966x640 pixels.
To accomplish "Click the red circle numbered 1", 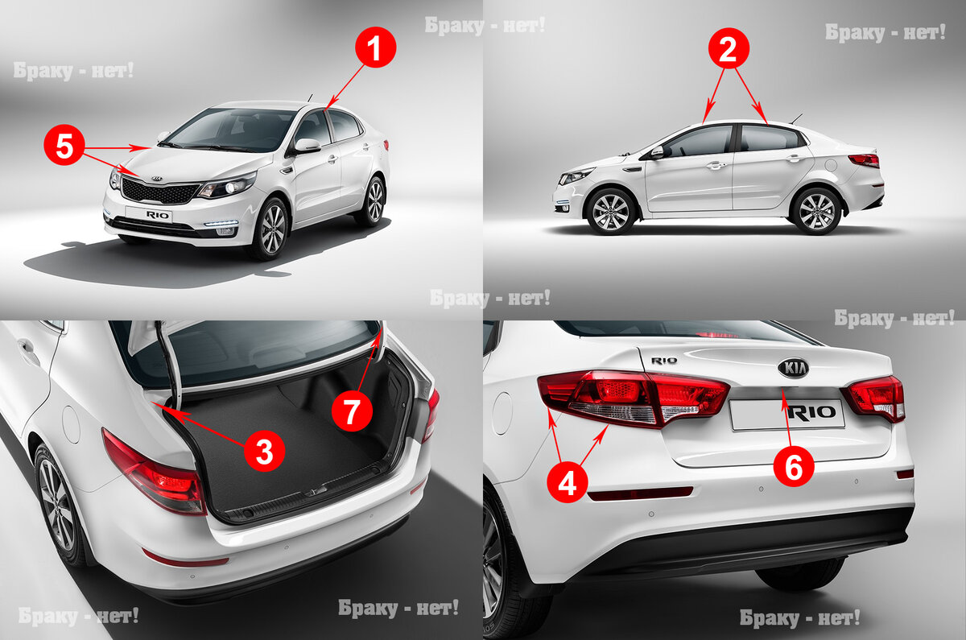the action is (x=375, y=47).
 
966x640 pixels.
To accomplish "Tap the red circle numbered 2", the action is (x=729, y=49).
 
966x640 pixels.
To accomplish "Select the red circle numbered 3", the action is (x=264, y=451).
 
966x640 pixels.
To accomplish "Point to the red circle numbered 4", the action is (x=568, y=481).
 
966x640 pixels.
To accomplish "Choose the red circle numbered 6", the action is (x=794, y=466).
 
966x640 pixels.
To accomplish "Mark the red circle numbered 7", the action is (x=352, y=411).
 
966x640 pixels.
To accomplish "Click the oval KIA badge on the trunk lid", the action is (x=793, y=369).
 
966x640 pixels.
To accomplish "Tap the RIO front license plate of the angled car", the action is (x=150, y=214).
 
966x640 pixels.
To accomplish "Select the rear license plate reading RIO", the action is (x=787, y=414).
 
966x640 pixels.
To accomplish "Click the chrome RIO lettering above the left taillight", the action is (x=663, y=361).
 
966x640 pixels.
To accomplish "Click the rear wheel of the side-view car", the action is (x=816, y=211).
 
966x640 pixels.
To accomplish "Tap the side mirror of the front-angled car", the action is (x=307, y=146).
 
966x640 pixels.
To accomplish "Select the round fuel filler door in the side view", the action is (x=830, y=165).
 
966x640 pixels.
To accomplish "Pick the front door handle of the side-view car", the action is (x=715, y=165).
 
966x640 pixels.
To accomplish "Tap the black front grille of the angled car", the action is (x=159, y=192).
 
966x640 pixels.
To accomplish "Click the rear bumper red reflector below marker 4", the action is (x=640, y=493).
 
